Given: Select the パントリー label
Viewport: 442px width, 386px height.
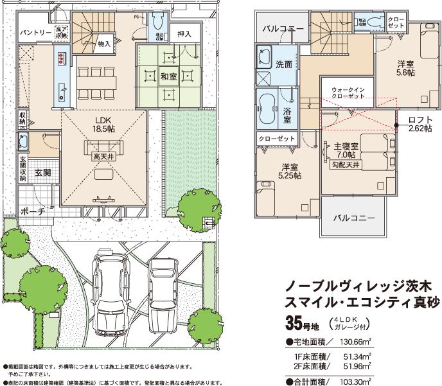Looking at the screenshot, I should click(36, 31).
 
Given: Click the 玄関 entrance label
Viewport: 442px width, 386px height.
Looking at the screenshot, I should click(43, 173).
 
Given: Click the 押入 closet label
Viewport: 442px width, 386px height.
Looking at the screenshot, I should click(184, 33).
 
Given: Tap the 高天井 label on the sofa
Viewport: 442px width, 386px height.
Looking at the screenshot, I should click(102, 155).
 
